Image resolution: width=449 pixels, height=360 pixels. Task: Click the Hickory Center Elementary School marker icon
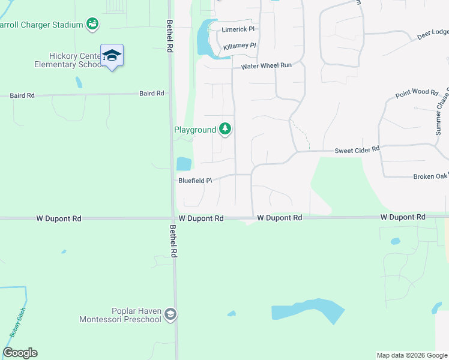pyautogui.click(x=112, y=56)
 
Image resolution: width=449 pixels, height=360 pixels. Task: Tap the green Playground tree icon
pyautogui.click(x=225, y=129)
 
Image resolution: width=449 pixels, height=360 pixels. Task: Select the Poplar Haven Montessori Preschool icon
pyautogui.click(x=170, y=315)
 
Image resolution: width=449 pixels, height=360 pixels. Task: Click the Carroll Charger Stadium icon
pyautogui.click(x=92, y=25)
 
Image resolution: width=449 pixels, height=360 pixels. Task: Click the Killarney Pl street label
pyautogui.click(x=240, y=46)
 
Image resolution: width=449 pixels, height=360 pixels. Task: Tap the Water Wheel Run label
pyautogui.click(x=266, y=66)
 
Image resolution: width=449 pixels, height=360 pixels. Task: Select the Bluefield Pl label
pyautogui.click(x=195, y=180)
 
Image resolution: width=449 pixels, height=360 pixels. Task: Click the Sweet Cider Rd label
pyautogui.click(x=357, y=149)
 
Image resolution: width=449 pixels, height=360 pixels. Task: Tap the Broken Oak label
pyautogui.click(x=430, y=176)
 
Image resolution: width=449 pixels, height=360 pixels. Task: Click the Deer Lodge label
pyautogui.click(x=433, y=34)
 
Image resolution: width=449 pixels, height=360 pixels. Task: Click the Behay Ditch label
pyautogui.click(x=15, y=325)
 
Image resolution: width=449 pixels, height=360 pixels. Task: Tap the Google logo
pyautogui.click(x=20, y=353)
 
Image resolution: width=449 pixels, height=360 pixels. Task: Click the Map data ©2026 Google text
pyautogui.click(x=411, y=355)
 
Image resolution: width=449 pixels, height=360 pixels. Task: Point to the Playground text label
pyautogui.click(x=194, y=130)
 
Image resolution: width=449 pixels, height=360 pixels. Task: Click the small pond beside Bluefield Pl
pyautogui.click(x=184, y=164)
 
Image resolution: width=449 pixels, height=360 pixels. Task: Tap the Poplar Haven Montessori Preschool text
pyautogui.click(x=120, y=315)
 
